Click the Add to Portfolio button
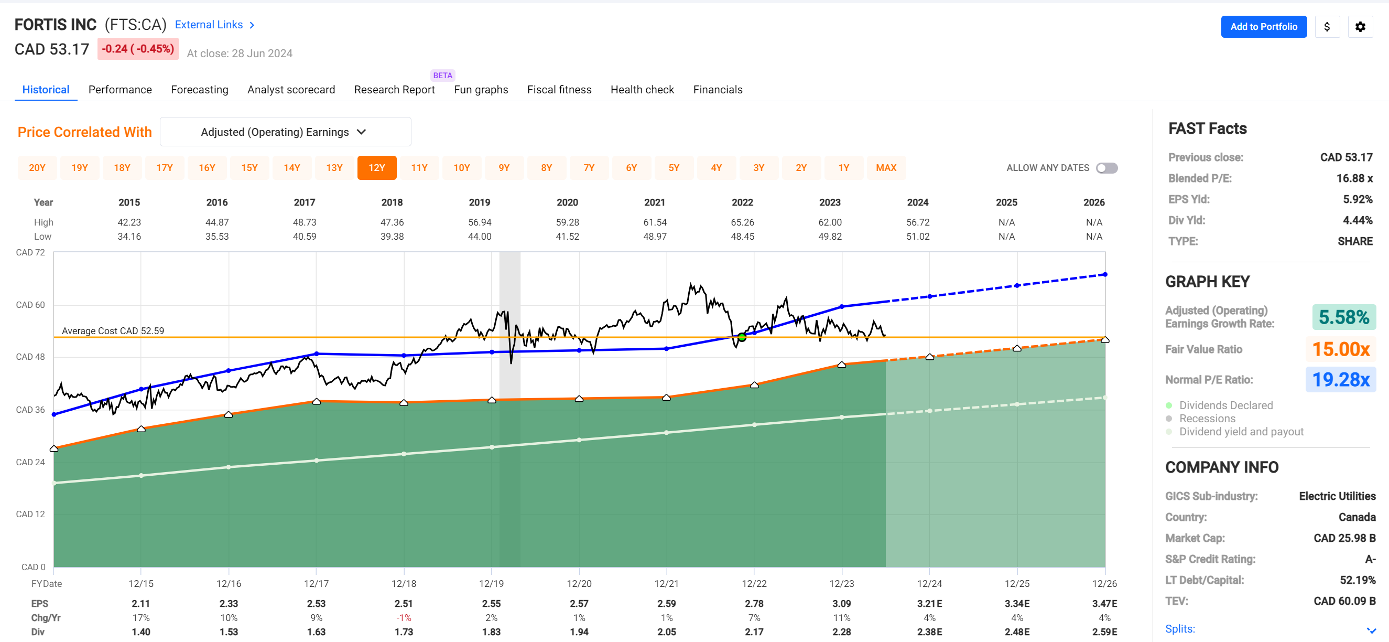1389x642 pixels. pos(1263,26)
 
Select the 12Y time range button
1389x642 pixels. pos(376,168)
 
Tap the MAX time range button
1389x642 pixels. pos(886,168)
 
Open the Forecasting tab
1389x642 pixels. pos(200,90)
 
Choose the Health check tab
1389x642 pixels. pos(642,90)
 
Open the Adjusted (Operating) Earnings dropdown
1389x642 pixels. pos(285,132)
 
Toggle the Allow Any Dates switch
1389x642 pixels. pos(1106,168)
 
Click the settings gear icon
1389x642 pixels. pos(1360,26)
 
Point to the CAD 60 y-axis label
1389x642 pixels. pos(30,305)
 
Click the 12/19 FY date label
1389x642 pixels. pos(491,584)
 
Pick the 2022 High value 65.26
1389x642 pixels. pos(742,222)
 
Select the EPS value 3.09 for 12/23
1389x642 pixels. pos(841,604)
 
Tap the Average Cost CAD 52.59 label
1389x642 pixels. pos(113,331)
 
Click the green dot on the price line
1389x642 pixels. pos(742,337)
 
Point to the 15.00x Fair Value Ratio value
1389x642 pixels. pos(1340,349)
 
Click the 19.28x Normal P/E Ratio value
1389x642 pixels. pos(1340,380)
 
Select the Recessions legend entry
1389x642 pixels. pos(1207,419)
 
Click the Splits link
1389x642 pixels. pos(1180,629)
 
